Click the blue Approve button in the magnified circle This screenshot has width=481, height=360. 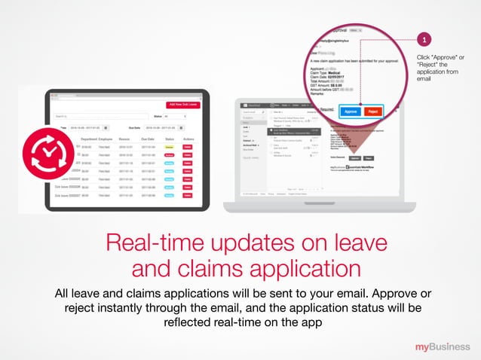pos(351,111)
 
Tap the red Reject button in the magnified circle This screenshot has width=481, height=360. pos(372,111)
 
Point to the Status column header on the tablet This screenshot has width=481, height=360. pos(170,139)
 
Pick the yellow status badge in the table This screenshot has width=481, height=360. pos(170,148)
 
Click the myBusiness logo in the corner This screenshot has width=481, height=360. pos(443,346)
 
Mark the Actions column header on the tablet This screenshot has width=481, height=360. pos(188,139)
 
